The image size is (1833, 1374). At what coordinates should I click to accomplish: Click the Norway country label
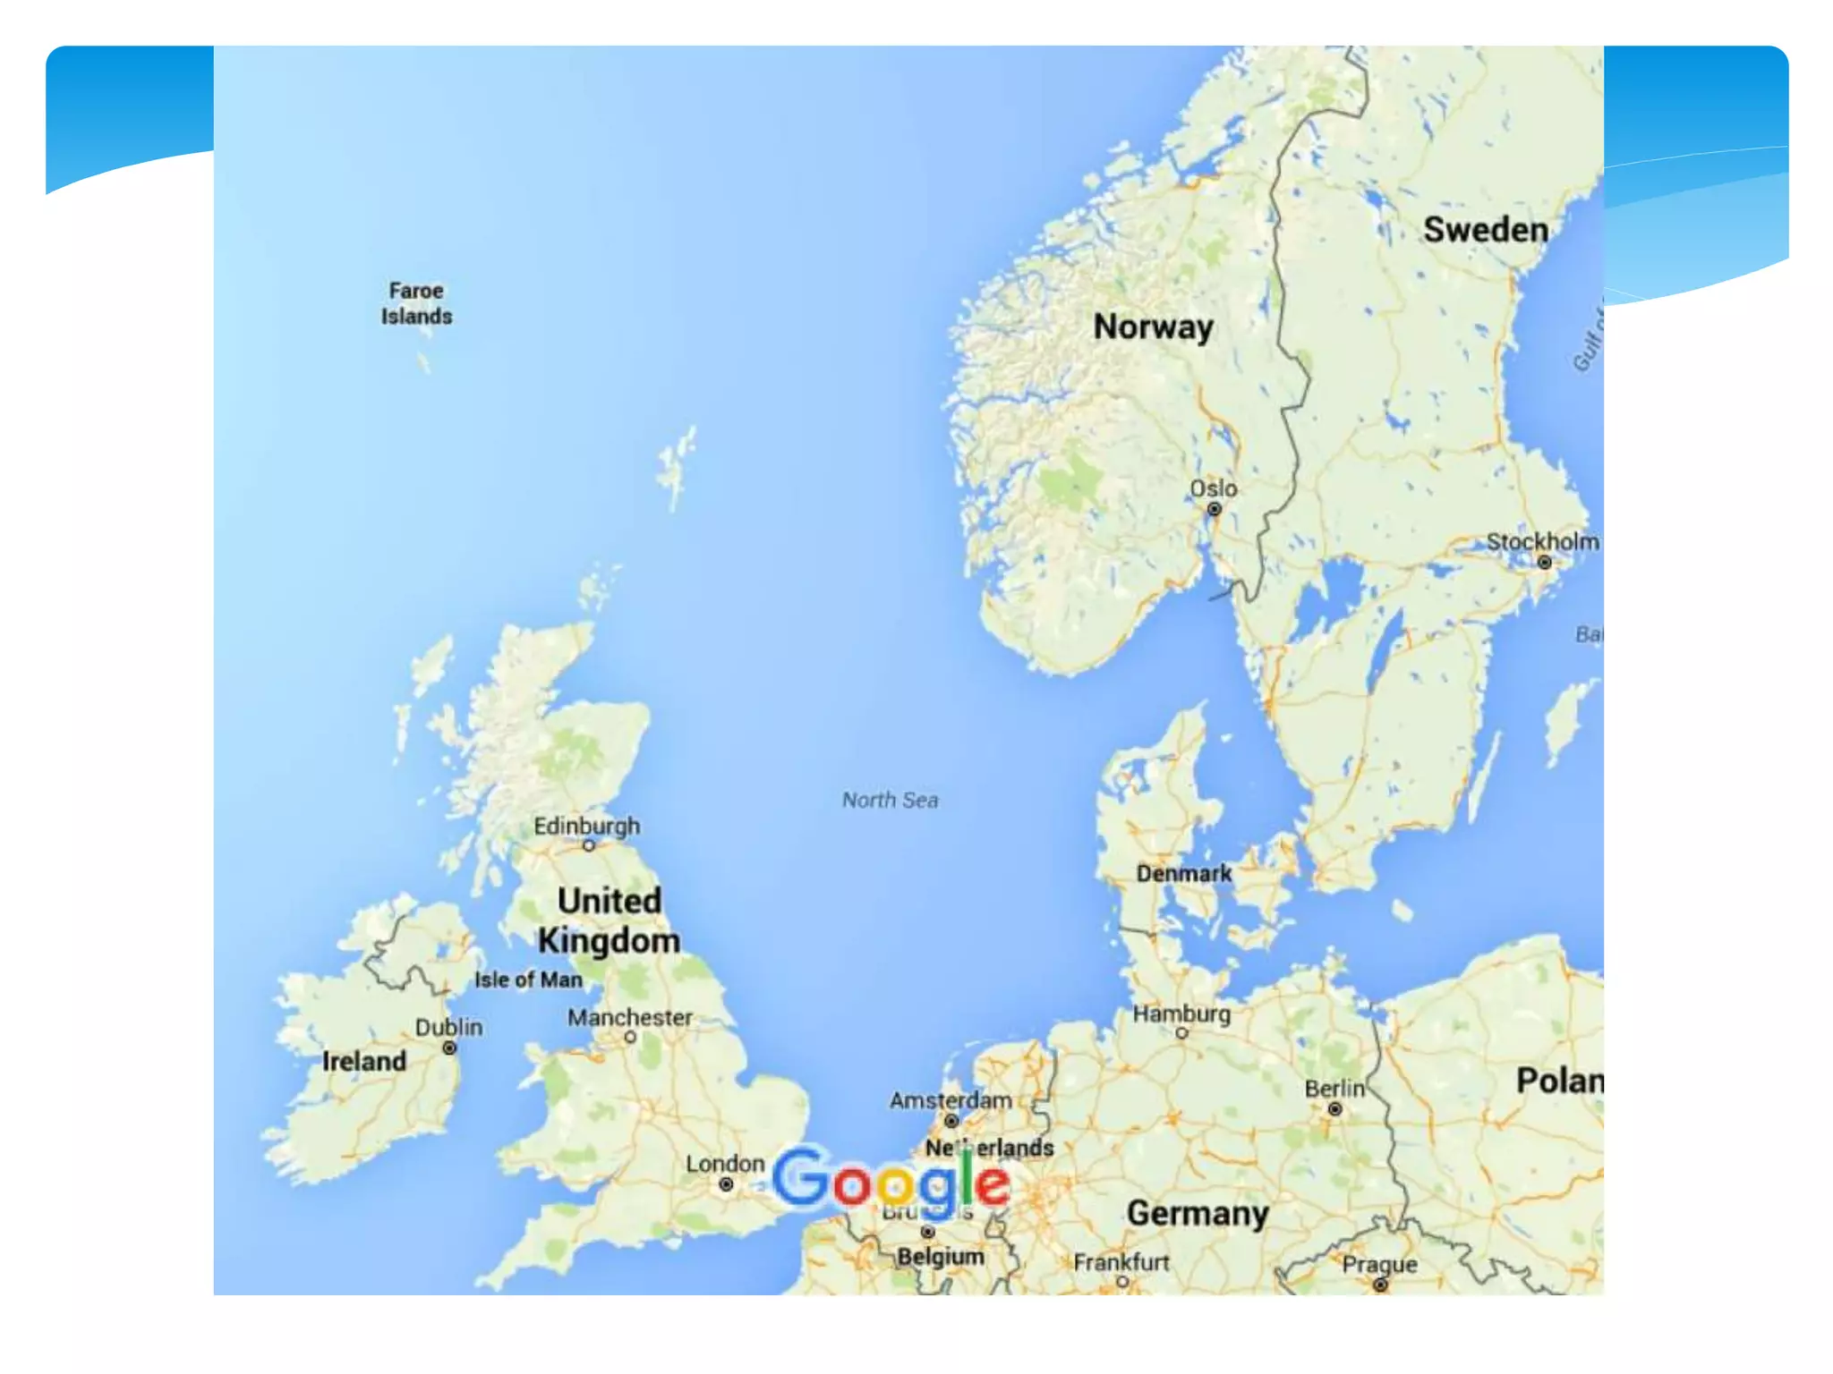[1153, 327]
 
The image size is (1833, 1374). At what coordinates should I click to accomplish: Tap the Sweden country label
[1486, 230]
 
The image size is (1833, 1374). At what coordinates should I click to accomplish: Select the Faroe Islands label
[416, 303]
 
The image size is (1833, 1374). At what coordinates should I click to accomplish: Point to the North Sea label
[890, 800]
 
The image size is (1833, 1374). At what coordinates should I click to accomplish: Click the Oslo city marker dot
[1215, 509]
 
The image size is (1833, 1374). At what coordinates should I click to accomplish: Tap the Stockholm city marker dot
[1544, 562]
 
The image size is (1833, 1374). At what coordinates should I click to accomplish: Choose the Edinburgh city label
[586, 826]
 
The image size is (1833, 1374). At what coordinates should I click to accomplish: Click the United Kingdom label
[609, 920]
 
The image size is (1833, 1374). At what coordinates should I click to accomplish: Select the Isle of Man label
[528, 980]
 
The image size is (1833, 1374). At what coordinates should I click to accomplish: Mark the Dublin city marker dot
[449, 1047]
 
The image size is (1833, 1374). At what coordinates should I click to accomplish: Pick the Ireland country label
[364, 1061]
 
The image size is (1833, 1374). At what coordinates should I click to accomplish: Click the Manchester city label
[630, 1017]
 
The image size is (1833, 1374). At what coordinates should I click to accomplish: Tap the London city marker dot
[726, 1184]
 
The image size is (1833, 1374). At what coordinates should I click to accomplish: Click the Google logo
[891, 1182]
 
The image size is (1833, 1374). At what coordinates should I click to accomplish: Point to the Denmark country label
[1183, 873]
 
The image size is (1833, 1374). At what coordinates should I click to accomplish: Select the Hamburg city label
[1181, 1014]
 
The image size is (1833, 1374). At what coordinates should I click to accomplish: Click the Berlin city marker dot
[1334, 1109]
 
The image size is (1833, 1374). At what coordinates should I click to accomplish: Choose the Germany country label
[1198, 1214]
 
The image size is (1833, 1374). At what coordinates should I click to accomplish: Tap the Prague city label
[1379, 1264]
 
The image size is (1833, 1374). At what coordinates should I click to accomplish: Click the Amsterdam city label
[951, 1100]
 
